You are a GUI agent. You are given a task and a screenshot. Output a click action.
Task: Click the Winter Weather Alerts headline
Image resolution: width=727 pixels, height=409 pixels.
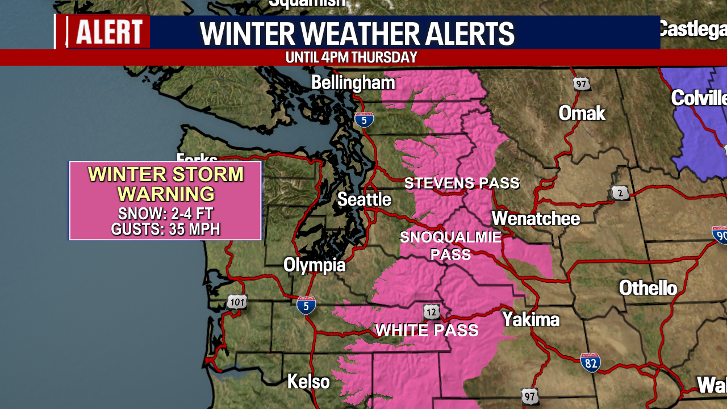357,34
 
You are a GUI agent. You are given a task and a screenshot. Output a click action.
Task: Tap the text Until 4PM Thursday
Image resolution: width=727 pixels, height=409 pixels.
352,57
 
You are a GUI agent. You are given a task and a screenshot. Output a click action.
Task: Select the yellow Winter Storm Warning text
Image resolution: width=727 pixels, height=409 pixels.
166,184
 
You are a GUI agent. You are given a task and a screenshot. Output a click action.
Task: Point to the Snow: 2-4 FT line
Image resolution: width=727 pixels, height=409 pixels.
166,214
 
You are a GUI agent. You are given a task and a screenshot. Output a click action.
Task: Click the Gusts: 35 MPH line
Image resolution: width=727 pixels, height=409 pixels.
166,229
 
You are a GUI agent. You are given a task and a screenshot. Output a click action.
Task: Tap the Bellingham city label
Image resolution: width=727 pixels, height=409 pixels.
353,83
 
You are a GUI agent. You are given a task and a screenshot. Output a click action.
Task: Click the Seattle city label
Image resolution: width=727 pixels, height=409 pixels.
364,199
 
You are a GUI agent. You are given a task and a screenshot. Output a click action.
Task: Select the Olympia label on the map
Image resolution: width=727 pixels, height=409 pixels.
314,265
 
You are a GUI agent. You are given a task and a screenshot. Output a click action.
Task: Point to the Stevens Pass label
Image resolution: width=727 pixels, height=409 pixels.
462,183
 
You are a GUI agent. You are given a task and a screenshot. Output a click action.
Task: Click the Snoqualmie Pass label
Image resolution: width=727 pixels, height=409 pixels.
451,245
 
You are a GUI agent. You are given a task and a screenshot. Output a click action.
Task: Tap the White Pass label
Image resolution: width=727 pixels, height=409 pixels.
427,330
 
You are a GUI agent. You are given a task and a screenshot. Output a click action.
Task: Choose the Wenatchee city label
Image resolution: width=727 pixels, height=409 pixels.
536,218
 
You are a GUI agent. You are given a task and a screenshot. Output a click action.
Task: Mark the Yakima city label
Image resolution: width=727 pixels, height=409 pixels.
530,319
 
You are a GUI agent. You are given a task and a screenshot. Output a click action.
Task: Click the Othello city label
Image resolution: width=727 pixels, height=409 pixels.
647,288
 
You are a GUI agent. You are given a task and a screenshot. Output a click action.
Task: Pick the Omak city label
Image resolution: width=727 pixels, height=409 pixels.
582,113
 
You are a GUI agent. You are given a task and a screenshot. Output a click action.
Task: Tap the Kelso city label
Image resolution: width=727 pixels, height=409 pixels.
308,381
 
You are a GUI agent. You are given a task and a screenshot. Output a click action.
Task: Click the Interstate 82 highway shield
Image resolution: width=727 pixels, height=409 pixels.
591,362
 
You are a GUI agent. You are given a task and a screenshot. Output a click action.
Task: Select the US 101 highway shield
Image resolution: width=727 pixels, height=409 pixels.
237,302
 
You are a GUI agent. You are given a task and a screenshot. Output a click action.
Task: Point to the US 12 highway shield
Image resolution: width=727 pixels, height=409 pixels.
431,311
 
